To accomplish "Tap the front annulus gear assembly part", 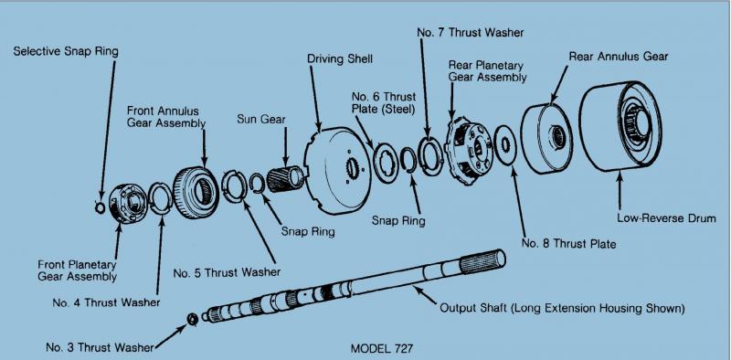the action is coord(196,192).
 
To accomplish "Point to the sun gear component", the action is coord(286,179).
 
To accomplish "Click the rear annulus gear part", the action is coord(546,138).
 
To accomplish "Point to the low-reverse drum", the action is coord(620,126).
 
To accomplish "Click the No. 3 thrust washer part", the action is coord(192,320).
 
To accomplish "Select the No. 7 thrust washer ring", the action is coord(431,156).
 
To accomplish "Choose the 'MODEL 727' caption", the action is coord(381,348).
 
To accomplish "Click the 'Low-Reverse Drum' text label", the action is coord(666,218).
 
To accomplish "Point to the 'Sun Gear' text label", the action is coord(261,119).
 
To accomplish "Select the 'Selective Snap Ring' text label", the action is coord(66,51).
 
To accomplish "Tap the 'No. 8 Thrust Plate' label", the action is coord(568,243).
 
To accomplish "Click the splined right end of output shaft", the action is coord(483,261).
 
